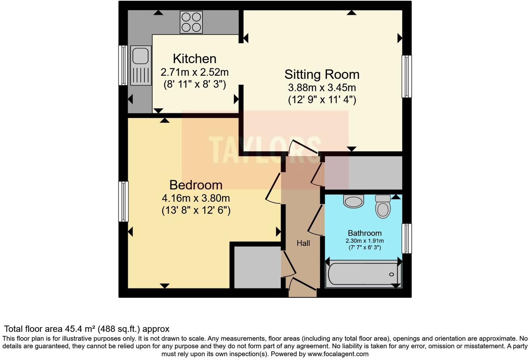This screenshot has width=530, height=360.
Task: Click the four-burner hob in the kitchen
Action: (x=191, y=22)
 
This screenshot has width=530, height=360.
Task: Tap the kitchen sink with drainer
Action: (x=141, y=66)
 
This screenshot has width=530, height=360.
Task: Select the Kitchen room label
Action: (x=195, y=59)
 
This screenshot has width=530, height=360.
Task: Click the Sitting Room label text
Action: (x=321, y=74)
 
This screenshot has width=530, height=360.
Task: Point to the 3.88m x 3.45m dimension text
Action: (x=321, y=87)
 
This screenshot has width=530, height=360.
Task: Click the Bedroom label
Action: (x=196, y=185)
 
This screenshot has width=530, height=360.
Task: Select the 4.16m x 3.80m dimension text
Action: (x=196, y=198)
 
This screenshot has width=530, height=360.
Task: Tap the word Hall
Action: (x=303, y=243)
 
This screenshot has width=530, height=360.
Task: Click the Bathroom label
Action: (x=364, y=233)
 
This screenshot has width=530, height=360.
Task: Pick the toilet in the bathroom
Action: (x=383, y=207)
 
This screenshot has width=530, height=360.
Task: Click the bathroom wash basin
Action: (x=354, y=201)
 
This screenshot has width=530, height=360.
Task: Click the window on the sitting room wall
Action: (x=407, y=76)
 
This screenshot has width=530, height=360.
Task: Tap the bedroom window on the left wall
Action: (x=123, y=201)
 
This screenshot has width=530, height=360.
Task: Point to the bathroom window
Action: (x=407, y=238)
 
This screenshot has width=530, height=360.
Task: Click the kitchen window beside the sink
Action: (x=123, y=65)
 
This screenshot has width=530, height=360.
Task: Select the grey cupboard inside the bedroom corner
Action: (x=257, y=267)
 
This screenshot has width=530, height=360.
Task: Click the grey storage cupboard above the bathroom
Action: (x=363, y=173)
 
